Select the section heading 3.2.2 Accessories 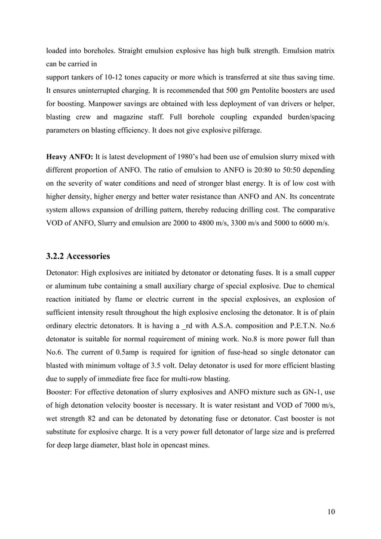point(78,257)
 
